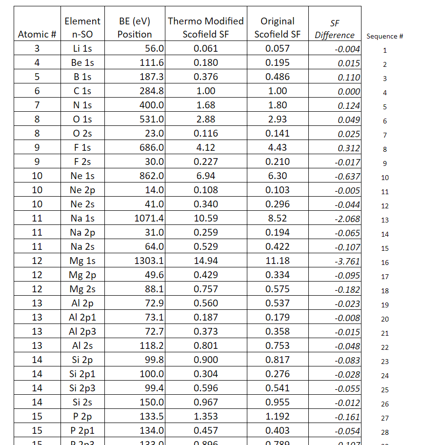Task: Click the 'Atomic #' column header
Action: point(37,35)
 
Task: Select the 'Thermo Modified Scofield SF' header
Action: point(206,28)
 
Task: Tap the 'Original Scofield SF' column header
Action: point(278,28)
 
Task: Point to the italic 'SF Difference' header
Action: point(335,29)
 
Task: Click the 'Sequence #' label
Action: point(384,36)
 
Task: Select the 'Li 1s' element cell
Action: point(82,49)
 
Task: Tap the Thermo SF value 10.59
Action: point(206,219)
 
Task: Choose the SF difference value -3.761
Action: point(347,262)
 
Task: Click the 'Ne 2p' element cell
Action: point(82,190)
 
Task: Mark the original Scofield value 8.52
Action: point(278,219)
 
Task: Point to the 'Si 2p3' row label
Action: point(82,388)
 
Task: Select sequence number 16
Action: point(385,263)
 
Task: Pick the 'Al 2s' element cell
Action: point(82,346)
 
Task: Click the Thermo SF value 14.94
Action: point(206,261)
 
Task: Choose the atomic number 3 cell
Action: point(37,49)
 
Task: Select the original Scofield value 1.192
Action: point(278,417)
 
